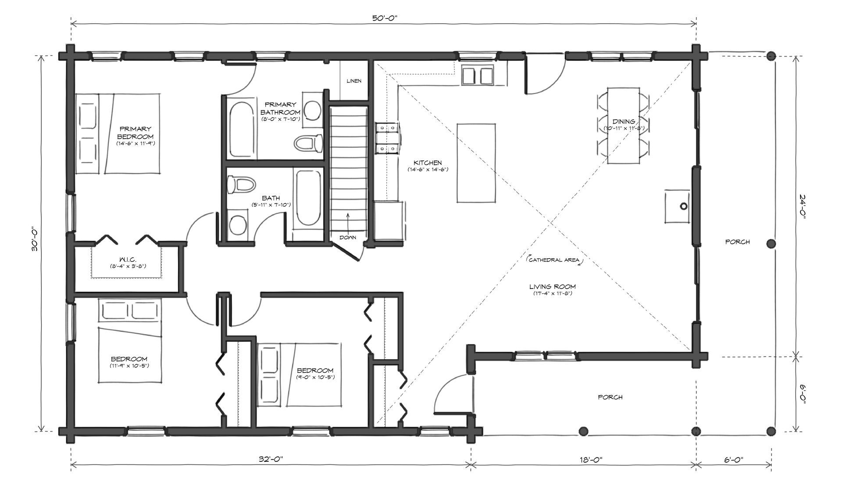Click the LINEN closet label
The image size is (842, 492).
click(x=354, y=81)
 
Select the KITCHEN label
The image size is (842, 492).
click(x=428, y=163)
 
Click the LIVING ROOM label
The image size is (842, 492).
click(x=552, y=287)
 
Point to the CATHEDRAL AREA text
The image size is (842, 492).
click(x=553, y=260)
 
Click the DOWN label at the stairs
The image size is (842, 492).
click(x=348, y=238)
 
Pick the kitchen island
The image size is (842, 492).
click(x=477, y=163)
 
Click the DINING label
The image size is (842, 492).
click(x=624, y=121)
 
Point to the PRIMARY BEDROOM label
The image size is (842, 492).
click(x=136, y=132)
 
